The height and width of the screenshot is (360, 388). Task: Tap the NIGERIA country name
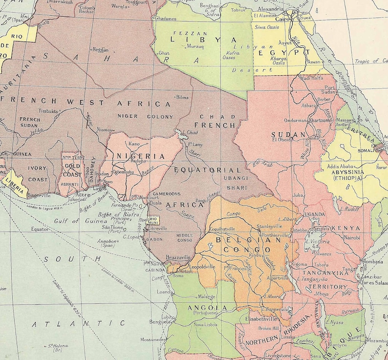coord(140,156)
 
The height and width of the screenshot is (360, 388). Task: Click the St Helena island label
coord(58,346)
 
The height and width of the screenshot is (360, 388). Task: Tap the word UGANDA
coord(314,214)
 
